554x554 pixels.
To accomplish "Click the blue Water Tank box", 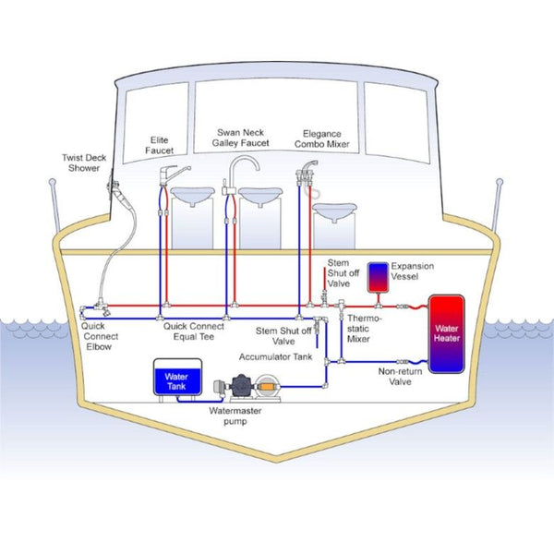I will click(x=175, y=379).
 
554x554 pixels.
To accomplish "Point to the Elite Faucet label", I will click(x=161, y=146).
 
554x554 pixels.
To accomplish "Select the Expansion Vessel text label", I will click(x=412, y=271).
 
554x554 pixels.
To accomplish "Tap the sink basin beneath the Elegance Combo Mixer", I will click(x=334, y=213).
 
